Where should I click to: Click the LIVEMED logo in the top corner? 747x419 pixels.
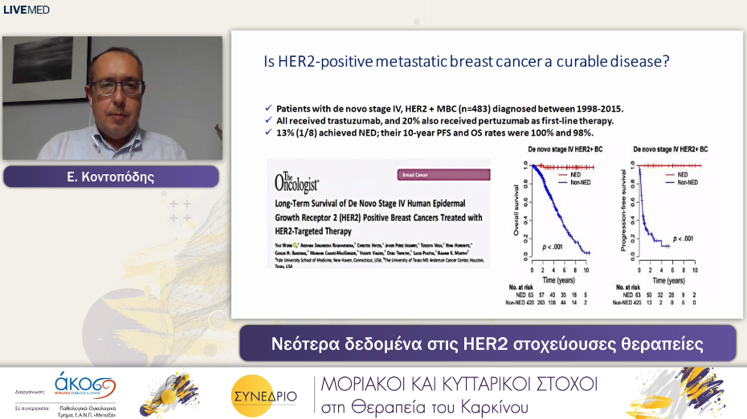pos(27,10)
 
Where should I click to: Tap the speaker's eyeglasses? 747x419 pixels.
pos(117,87)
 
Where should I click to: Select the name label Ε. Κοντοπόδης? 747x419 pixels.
pos(112,177)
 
